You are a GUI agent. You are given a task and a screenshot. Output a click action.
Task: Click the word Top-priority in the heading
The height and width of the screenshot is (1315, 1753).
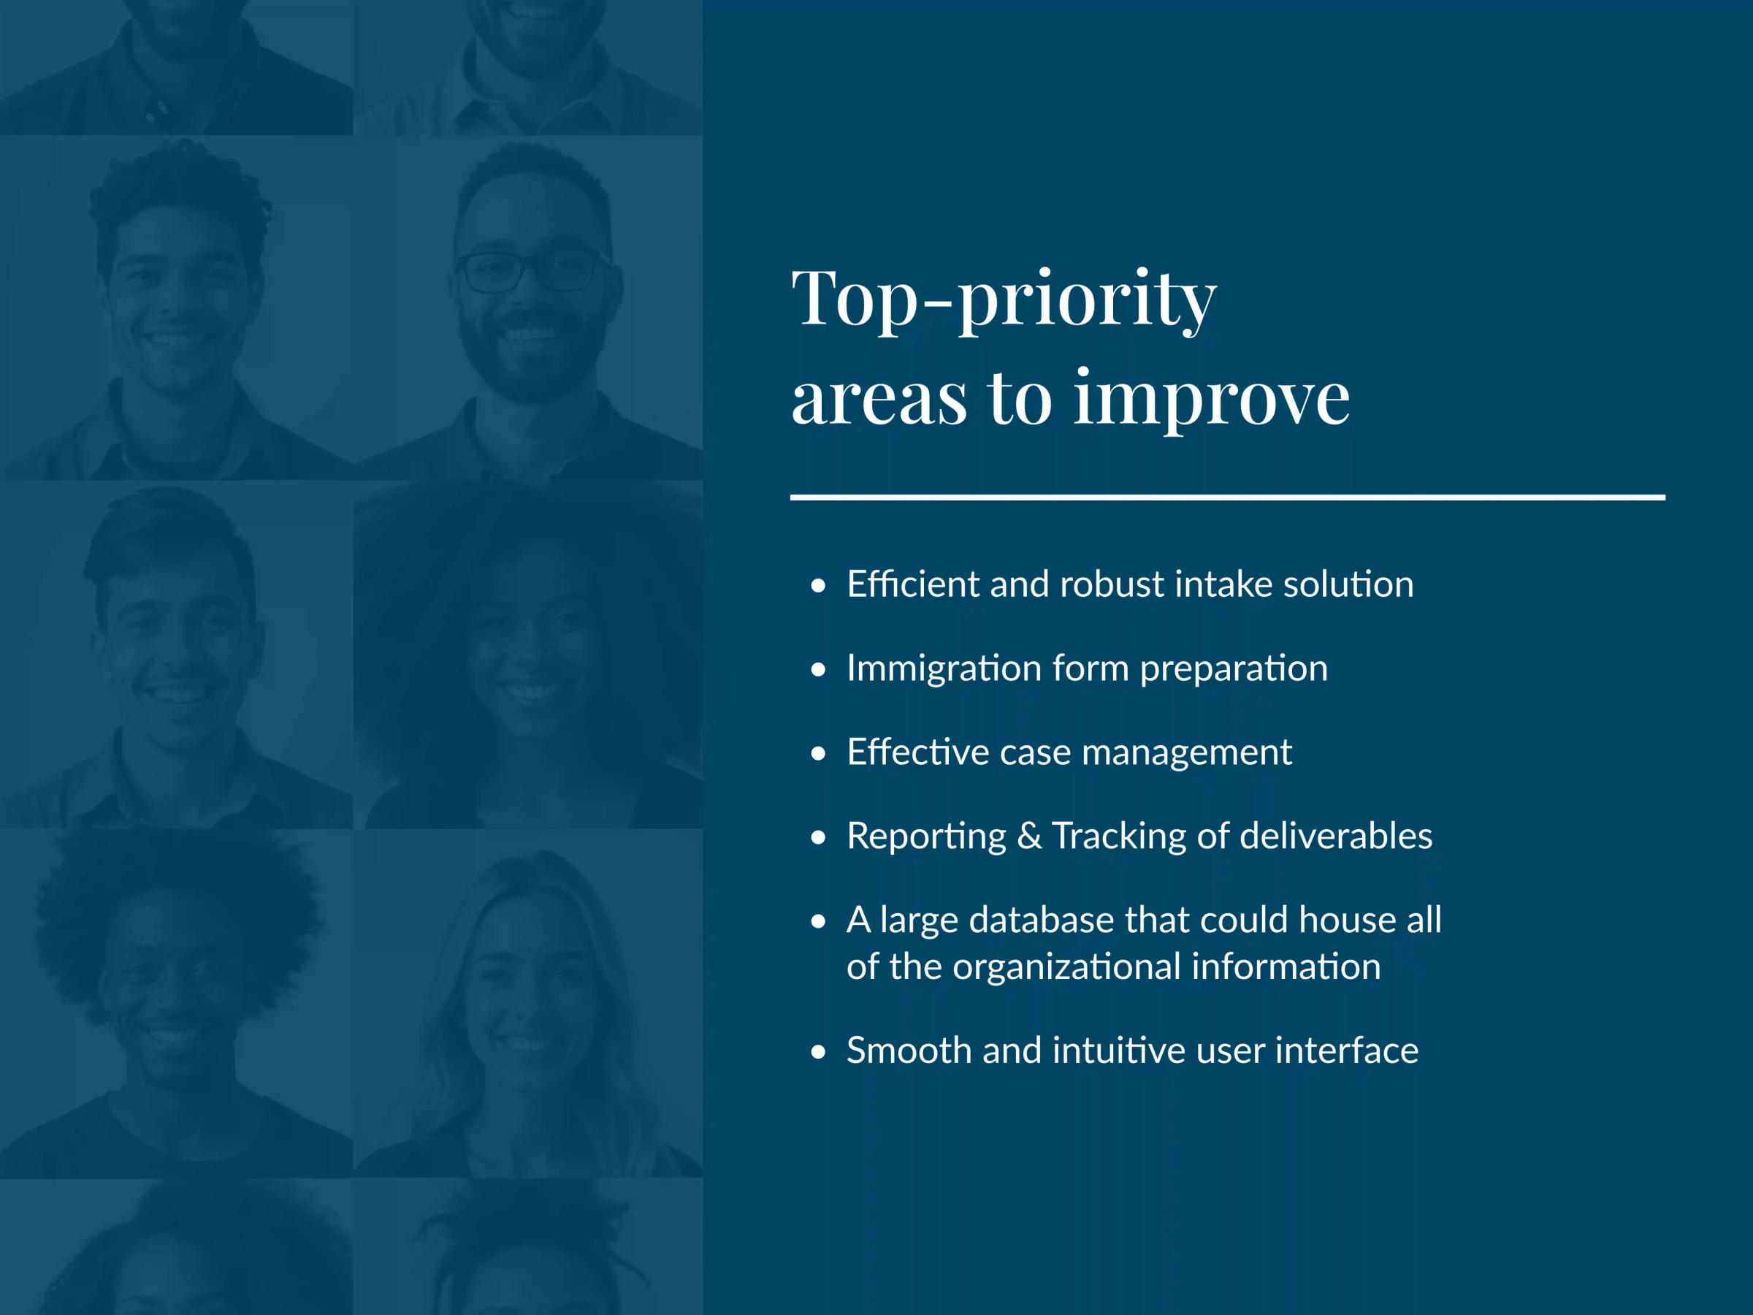1004,300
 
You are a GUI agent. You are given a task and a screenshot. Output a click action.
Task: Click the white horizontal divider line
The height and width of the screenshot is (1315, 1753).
1228,498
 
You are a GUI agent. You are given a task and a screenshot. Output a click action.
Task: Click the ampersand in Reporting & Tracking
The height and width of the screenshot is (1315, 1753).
1028,836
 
